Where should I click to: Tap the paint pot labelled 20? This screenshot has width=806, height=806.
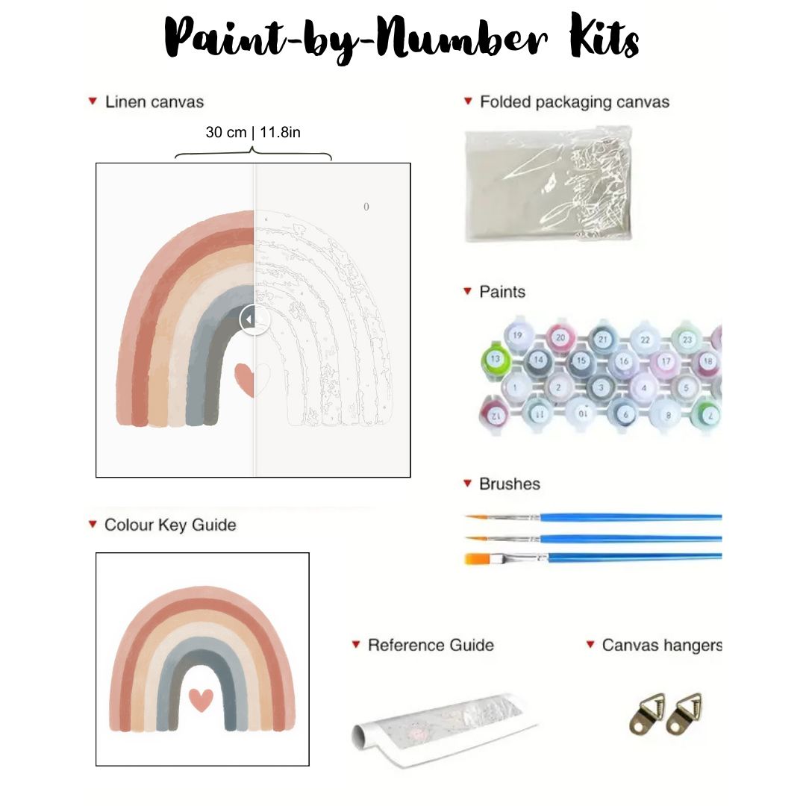[560, 337]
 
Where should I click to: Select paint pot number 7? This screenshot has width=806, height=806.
[711, 413]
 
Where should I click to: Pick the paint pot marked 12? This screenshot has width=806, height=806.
[494, 413]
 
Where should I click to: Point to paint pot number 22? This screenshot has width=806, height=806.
[645, 340]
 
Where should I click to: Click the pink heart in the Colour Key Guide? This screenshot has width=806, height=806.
[201, 699]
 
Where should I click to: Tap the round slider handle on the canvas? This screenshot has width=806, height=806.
[254, 319]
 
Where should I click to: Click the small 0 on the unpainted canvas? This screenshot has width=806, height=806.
[366, 207]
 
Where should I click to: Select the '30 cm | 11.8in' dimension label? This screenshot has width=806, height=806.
[253, 133]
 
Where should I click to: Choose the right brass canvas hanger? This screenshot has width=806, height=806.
[684, 714]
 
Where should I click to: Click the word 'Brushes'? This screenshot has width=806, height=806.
[509, 484]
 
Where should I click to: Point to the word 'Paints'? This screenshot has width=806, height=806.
[502, 292]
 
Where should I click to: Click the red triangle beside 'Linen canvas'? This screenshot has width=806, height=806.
[93, 101]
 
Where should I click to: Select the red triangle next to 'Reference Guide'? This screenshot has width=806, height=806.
[356, 644]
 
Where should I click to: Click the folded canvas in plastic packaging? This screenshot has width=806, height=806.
[549, 183]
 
